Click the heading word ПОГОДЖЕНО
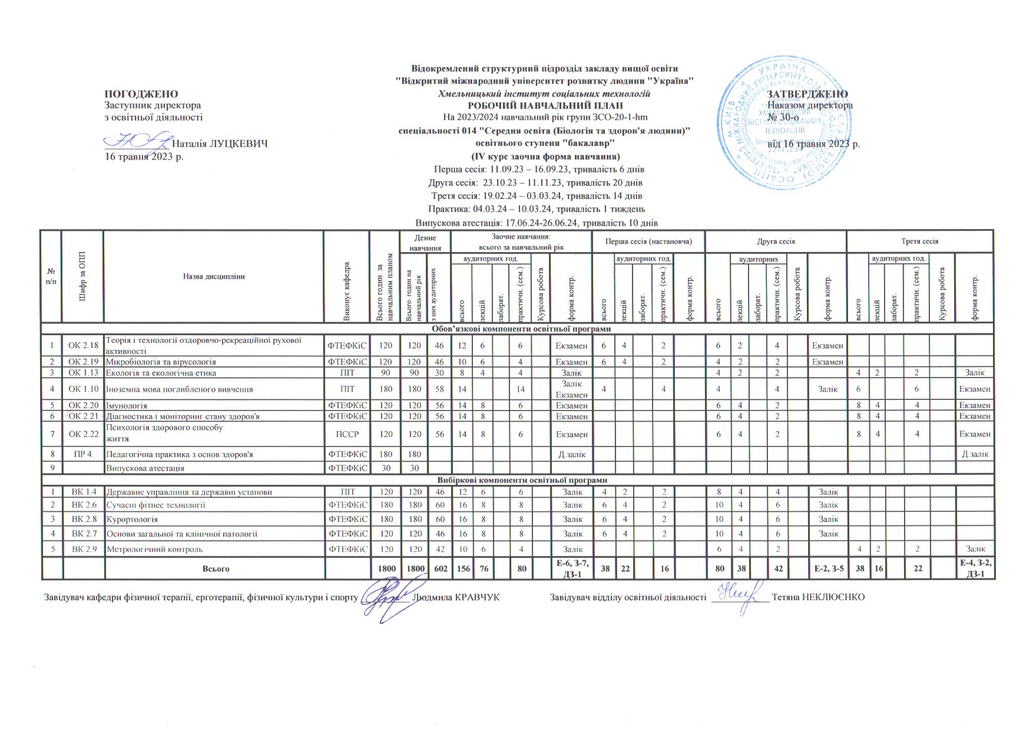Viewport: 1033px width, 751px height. click(x=141, y=94)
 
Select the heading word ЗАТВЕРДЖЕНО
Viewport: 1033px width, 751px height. click(x=807, y=94)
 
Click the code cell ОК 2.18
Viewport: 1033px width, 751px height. click(x=83, y=345)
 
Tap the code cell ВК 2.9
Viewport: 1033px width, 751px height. click(x=83, y=549)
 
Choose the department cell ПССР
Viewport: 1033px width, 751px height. click(x=347, y=434)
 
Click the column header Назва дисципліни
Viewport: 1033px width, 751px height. click(x=213, y=276)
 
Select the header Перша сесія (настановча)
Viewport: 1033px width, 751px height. click(x=648, y=241)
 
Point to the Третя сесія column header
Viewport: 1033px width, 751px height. click(x=919, y=241)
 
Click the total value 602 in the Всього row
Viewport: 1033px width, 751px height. click(x=438, y=569)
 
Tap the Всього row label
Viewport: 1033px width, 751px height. click(x=216, y=569)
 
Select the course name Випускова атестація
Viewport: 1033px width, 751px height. click(x=145, y=468)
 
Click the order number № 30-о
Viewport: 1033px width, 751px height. click(x=783, y=117)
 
